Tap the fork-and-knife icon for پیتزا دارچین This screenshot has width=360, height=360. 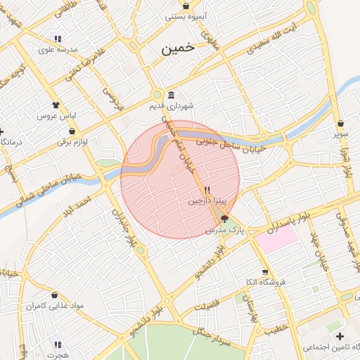pyautogui.click(x=207, y=190)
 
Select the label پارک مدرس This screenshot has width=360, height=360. pyautogui.click(x=224, y=230)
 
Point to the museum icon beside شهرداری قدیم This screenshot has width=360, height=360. pyautogui.click(x=172, y=96)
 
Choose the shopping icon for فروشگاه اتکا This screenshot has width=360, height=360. pyautogui.click(x=264, y=272)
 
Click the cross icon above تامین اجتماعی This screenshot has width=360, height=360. pyautogui.click(x=340, y=336)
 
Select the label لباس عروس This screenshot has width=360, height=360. pyautogui.click(x=56, y=114)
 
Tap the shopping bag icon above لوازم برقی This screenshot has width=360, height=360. pyautogui.click(x=72, y=131)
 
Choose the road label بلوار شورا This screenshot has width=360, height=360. pyautogui.click(x=346, y=161)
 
